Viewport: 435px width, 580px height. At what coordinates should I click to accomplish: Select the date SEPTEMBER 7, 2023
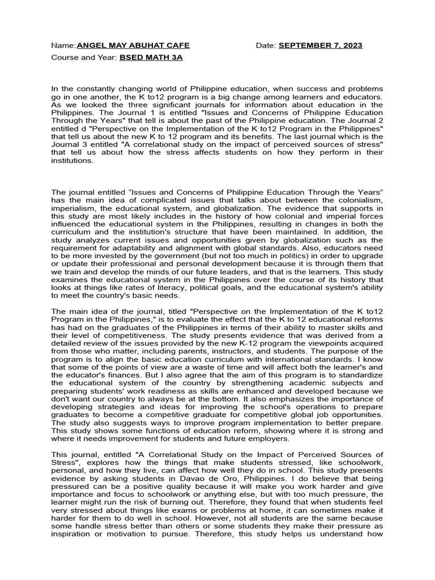coord(321,45)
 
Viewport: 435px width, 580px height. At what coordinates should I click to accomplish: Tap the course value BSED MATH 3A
coord(151,58)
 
